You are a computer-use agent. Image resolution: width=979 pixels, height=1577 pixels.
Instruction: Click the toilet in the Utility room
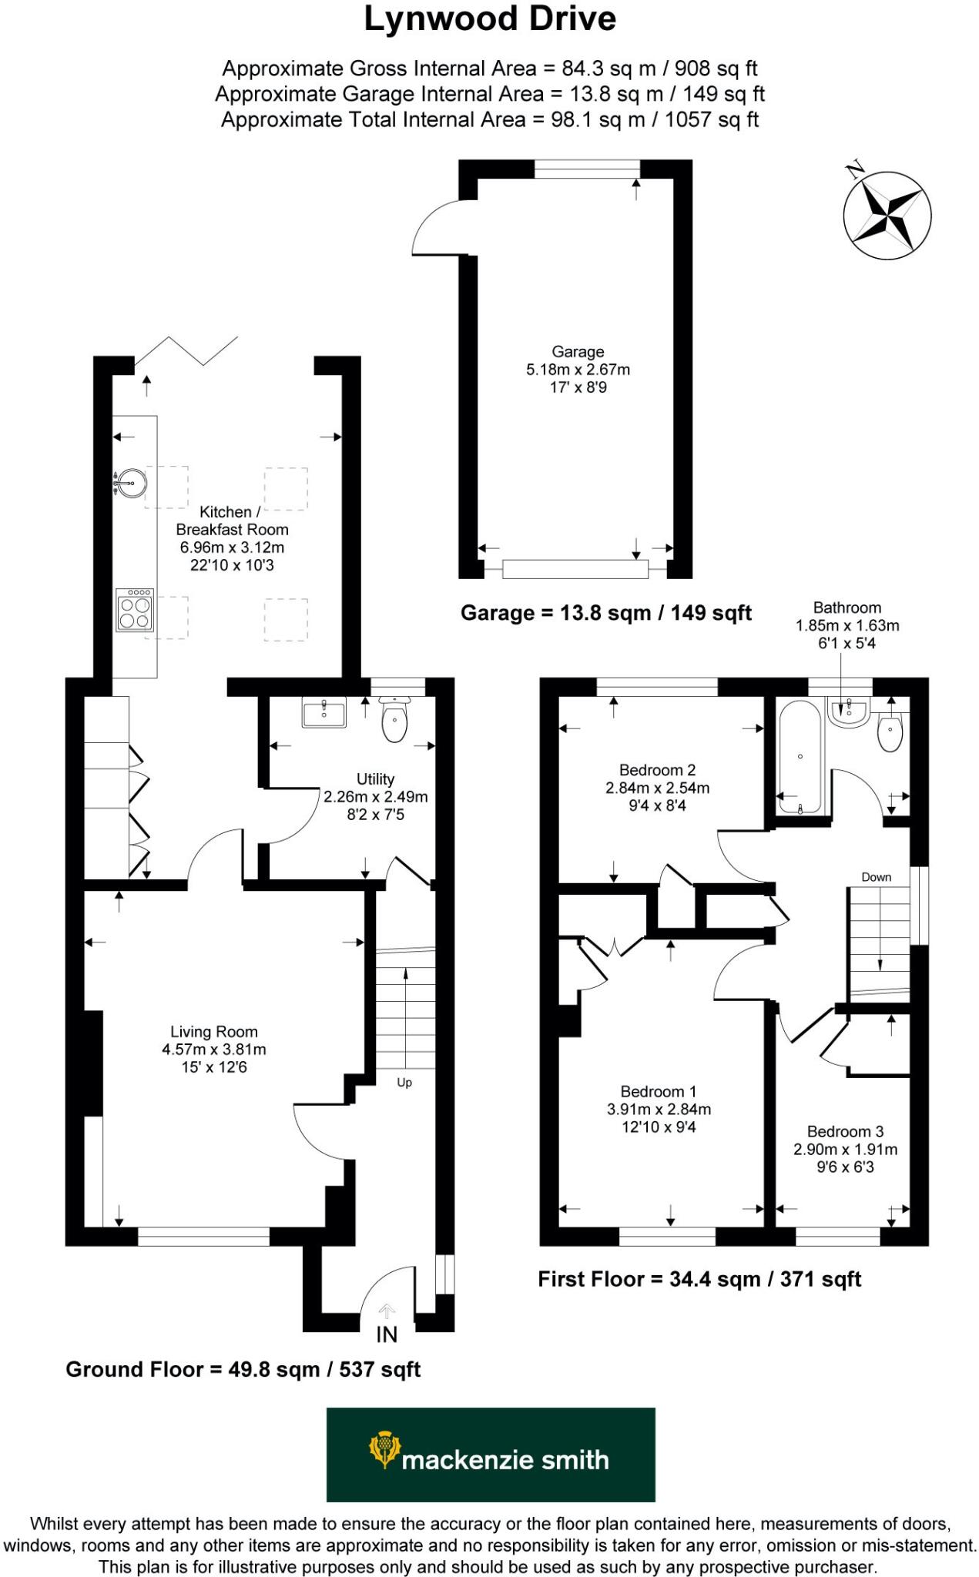(394, 722)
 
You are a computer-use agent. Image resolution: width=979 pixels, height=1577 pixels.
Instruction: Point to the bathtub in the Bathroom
(800, 757)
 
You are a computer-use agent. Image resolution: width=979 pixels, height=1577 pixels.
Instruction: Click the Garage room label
(578, 352)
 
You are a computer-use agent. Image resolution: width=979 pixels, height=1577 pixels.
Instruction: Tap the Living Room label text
(214, 1032)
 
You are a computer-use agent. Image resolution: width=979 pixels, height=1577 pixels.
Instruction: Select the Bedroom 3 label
(845, 1131)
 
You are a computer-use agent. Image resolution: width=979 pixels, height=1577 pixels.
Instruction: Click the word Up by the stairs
(404, 1083)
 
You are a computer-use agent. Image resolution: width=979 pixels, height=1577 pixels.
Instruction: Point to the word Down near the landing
(876, 877)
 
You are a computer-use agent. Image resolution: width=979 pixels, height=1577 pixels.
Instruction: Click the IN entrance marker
(387, 1334)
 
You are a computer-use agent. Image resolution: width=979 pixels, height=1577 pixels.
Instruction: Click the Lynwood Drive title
(490, 20)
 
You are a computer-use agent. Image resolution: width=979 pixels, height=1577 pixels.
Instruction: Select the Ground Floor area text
(243, 1370)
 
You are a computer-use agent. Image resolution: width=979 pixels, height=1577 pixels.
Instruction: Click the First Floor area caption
(699, 1279)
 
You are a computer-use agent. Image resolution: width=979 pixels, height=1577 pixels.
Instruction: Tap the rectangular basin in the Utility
(324, 713)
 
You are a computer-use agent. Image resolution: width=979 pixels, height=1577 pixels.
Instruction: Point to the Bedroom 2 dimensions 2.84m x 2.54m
(657, 788)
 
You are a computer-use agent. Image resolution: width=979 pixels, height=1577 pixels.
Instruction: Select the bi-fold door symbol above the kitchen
(186, 350)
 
